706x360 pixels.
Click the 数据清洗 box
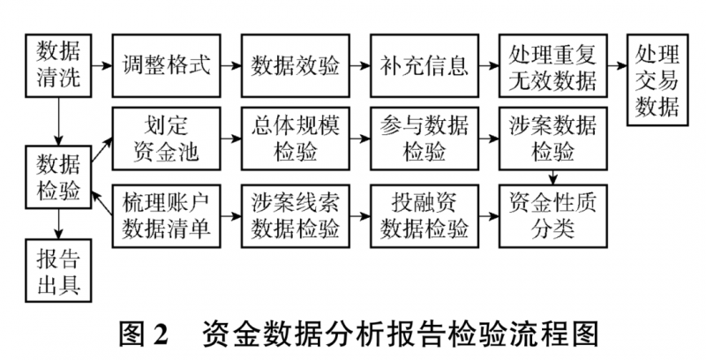pyautogui.click(x=58, y=65)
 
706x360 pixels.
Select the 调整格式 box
pyautogui.click(x=167, y=65)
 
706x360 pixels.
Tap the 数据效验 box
pyautogui.click(x=296, y=65)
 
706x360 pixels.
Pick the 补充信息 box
pyautogui.click(x=424, y=65)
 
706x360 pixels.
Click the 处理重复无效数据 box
pyautogui.click(x=553, y=65)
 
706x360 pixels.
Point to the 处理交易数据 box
pyautogui.click(x=657, y=80)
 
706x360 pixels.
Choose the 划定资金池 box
pyautogui.click(x=167, y=139)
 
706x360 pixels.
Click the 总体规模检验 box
pyautogui.click(x=296, y=139)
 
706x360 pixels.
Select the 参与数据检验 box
pyautogui.click(x=424, y=139)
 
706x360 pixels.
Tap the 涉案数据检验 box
pyautogui.click(x=553, y=139)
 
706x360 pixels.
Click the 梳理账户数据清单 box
pyautogui.click(x=167, y=216)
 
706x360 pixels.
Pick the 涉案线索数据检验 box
pyautogui.click(x=296, y=216)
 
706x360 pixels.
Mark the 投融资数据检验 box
pyautogui.click(x=424, y=216)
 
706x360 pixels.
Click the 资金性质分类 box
pyautogui.click(x=553, y=216)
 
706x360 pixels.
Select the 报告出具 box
pyautogui.click(x=58, y=271)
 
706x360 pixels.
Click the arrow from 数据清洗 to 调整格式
pyautogui.click(x=101, y=65)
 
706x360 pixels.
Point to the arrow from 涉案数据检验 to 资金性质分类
pyautogui.click(x=553, y=177)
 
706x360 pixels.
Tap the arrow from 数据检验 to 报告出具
pyautogui.click(x=58, y=224)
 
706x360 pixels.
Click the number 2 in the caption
pyautogui.click(x=161, y=334)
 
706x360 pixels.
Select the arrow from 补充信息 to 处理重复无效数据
pyautogui.click(x=489, y=65)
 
